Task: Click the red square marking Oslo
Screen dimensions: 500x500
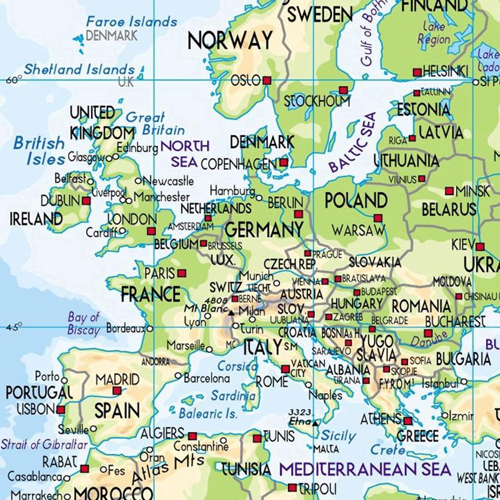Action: (267, 81)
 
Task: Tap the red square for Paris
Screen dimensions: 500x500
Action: (181, 273)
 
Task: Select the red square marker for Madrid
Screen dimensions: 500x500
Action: (116, 391)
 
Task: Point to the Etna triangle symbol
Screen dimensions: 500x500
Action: (316, 423)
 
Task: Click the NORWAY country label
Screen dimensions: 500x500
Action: (231, 40)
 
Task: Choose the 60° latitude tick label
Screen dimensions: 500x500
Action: (12, 79)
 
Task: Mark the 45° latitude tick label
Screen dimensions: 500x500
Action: (12, 326)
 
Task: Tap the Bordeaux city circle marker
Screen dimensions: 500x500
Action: (149, 327)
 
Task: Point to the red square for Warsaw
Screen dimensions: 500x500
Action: (377, 218)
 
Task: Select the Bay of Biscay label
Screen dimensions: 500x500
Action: (84, 324)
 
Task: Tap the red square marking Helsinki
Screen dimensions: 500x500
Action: (417, 73)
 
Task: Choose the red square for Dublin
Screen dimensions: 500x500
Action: (86, 201)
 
